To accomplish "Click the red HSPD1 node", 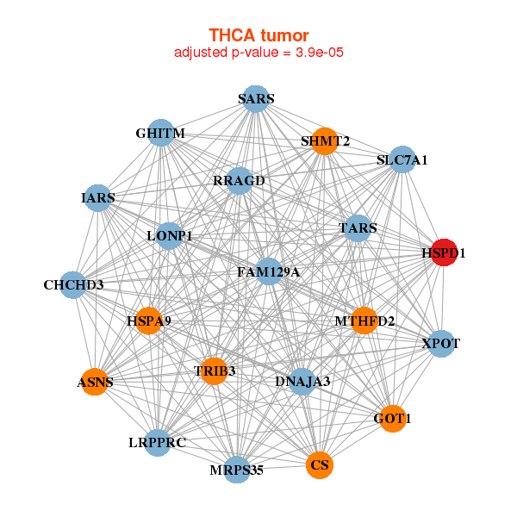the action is point(444,253).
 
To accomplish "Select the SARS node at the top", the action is point(255,99).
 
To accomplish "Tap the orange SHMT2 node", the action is point(324,141).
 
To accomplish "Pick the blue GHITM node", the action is point(161,133).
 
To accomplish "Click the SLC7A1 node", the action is point(402,159).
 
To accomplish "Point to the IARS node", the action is point(99,197).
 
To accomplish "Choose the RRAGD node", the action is point(240,181).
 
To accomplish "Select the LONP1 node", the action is point(170,235).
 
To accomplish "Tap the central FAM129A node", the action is point(269,272).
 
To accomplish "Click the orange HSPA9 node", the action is point(149,321).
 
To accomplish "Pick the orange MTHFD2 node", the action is point(364,321).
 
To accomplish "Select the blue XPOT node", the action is point(440,344).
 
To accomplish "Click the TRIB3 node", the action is point(215,371).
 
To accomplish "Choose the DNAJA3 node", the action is point(302,381).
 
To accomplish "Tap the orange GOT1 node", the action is point(392,419).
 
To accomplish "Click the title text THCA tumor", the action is point(258,35).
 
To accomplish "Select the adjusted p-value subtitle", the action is point(258,53).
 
